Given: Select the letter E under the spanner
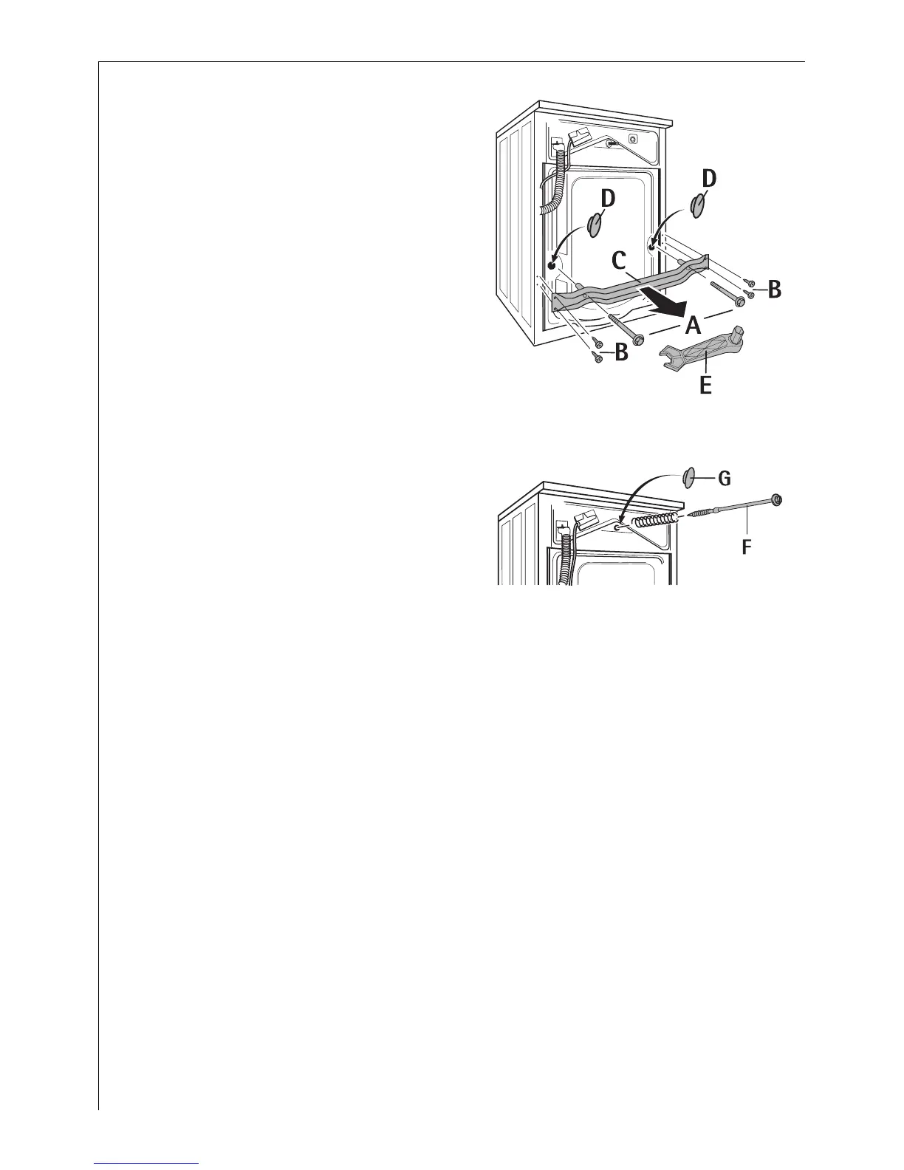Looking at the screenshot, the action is coord(705,385).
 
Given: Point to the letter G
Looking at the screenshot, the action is coord(724,479).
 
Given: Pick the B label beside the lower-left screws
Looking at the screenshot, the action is coord(621,353).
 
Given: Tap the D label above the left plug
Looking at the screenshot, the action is coord(606,199).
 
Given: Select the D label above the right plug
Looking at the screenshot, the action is coord(709,179).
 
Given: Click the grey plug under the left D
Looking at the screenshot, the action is coord(596,225).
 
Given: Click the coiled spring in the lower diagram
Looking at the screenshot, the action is coord(656,520).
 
